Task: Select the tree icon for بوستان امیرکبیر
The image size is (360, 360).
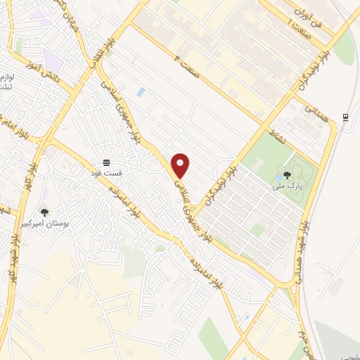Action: coord(45,212)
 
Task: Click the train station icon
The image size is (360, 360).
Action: coord(345,117)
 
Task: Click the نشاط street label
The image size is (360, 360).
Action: coord(276,134)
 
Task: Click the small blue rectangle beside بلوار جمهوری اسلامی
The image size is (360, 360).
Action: coord(141,92)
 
